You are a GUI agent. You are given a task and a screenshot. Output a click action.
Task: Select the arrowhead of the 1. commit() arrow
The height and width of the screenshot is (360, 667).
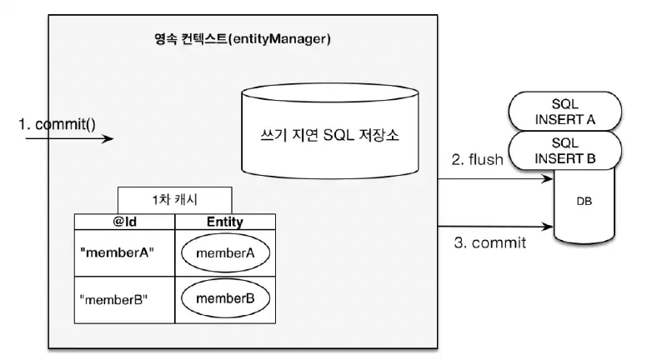[x=108, y=138]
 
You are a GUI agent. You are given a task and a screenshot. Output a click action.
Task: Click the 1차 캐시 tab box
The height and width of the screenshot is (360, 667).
[x=174, y=200]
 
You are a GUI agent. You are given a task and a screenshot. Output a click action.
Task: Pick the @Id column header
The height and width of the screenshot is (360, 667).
[x=124, y=222]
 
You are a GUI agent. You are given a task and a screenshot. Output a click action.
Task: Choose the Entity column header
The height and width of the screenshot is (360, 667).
[x=224, y=222]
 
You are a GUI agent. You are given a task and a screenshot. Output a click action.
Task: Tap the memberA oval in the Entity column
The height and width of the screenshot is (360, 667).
[x=225, y=253]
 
